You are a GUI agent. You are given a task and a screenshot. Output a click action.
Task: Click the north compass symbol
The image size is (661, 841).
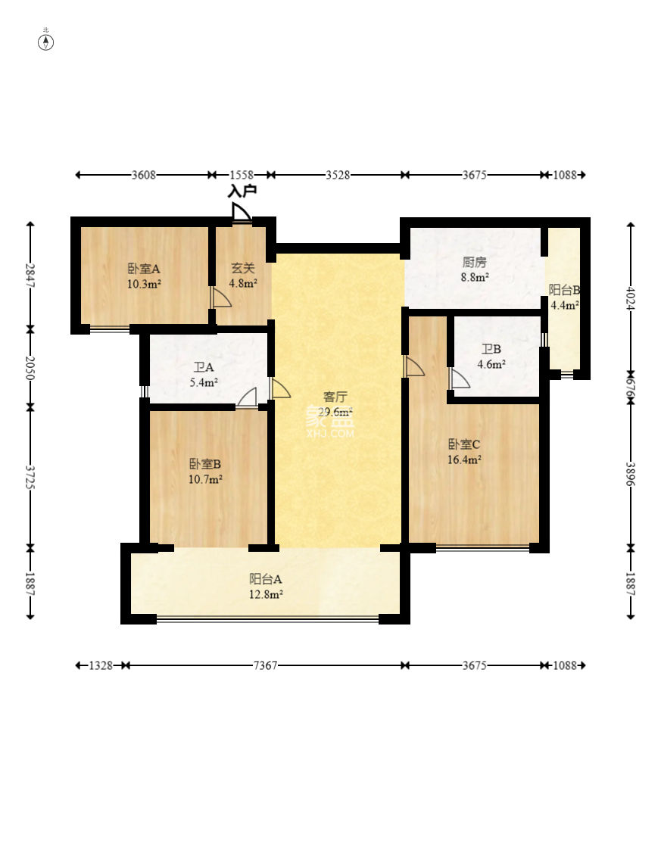(x=46, y=42)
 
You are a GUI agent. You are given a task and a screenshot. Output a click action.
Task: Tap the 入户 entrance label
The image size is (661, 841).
(x=242, y=191)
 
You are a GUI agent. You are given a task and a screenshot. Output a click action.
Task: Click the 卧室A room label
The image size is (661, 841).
(x=144, y=269)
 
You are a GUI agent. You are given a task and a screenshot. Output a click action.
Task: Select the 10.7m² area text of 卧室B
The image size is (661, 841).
(x=205, y=479)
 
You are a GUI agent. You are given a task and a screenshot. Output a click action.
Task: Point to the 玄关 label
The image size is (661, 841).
(x=243, y=267)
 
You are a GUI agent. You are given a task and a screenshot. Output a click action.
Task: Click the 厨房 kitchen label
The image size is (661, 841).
(x=474, y=262)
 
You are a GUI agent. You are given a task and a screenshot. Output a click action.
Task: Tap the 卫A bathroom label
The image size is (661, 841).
(x=204, y=367)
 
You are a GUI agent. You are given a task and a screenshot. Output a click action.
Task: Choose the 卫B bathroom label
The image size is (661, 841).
(x=491, y=349)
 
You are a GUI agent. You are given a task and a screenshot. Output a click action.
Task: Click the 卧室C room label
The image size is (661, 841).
(x=464, y=444)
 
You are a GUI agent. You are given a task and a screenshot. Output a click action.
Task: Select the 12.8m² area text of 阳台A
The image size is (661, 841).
(x=266, y=594)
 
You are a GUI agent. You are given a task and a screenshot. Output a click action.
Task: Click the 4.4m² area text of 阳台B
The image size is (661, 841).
(x=564, y=305)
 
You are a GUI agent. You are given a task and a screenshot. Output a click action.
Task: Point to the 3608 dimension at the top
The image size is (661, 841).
(x=144, y=175)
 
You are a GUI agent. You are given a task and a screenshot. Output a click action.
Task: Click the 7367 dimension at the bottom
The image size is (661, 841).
(x=265, y=665)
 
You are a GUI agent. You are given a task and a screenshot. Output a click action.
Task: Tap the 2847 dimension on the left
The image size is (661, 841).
(x=30, y=276)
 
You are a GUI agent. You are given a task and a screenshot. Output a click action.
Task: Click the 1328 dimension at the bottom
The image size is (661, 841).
(x=101, y=665)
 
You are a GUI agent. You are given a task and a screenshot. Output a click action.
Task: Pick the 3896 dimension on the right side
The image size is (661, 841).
(x=631, y=475)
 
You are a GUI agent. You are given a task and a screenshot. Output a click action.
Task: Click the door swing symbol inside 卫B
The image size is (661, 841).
(x=460, y=378)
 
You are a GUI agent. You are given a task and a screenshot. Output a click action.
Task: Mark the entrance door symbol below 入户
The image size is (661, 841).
(x=242, y=212)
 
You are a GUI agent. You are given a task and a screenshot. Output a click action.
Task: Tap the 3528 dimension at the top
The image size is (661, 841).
(x=338, y=175)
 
